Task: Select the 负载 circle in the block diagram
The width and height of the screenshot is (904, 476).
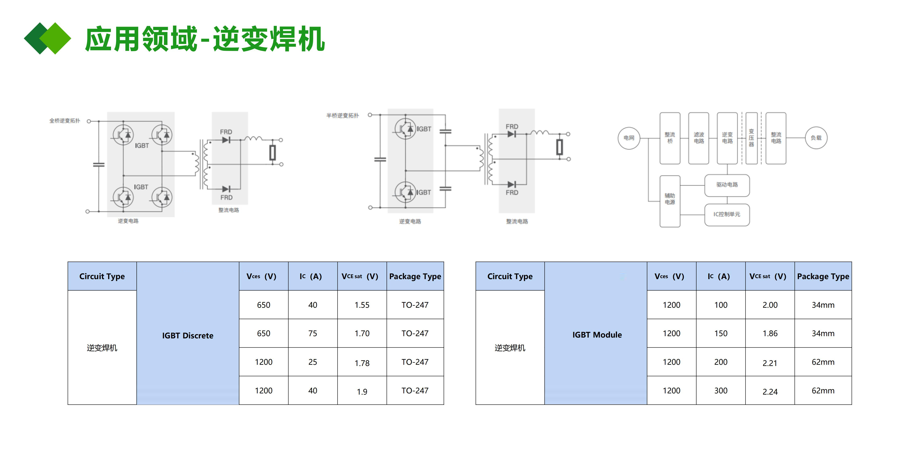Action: (x=816, y=138)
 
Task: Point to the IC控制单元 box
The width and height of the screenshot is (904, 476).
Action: (x=727, y=214)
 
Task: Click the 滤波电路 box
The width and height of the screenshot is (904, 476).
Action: (x=698, y=138)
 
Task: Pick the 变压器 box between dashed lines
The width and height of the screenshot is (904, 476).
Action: (x=751, y=138)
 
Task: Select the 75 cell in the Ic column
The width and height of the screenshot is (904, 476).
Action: (x=312, y=334)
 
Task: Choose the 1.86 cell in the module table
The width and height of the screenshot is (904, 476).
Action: (x=770, y=334)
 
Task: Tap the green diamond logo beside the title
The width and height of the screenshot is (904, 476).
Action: (x=47, y=38)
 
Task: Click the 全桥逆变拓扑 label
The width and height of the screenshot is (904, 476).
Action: (x=65, y=121)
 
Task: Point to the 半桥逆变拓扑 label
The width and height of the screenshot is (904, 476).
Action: (x=342, y=115)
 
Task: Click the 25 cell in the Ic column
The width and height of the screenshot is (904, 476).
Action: (x=312, y=362)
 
